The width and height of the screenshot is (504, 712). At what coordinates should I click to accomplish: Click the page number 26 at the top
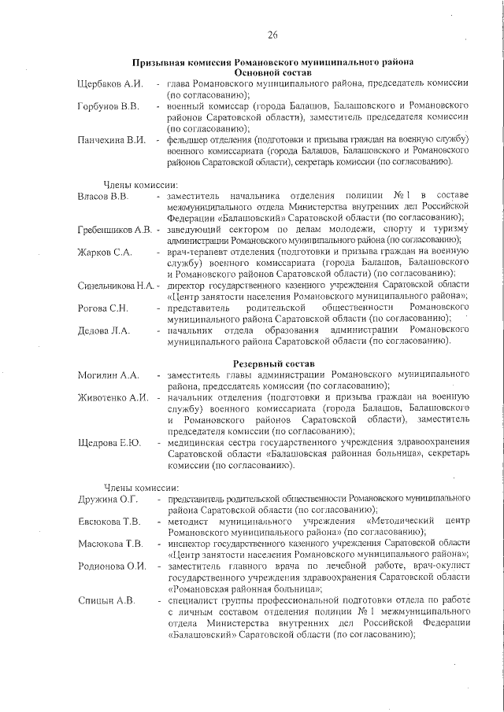coord(272,35)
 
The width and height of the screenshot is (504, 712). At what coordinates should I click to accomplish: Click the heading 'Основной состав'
coord(272,72)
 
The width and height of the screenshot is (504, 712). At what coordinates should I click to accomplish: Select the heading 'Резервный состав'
coord(274,363)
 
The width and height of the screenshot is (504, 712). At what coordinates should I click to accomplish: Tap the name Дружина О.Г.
coord(108,499)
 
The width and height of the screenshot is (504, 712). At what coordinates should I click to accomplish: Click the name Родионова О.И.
coord(112,566)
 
